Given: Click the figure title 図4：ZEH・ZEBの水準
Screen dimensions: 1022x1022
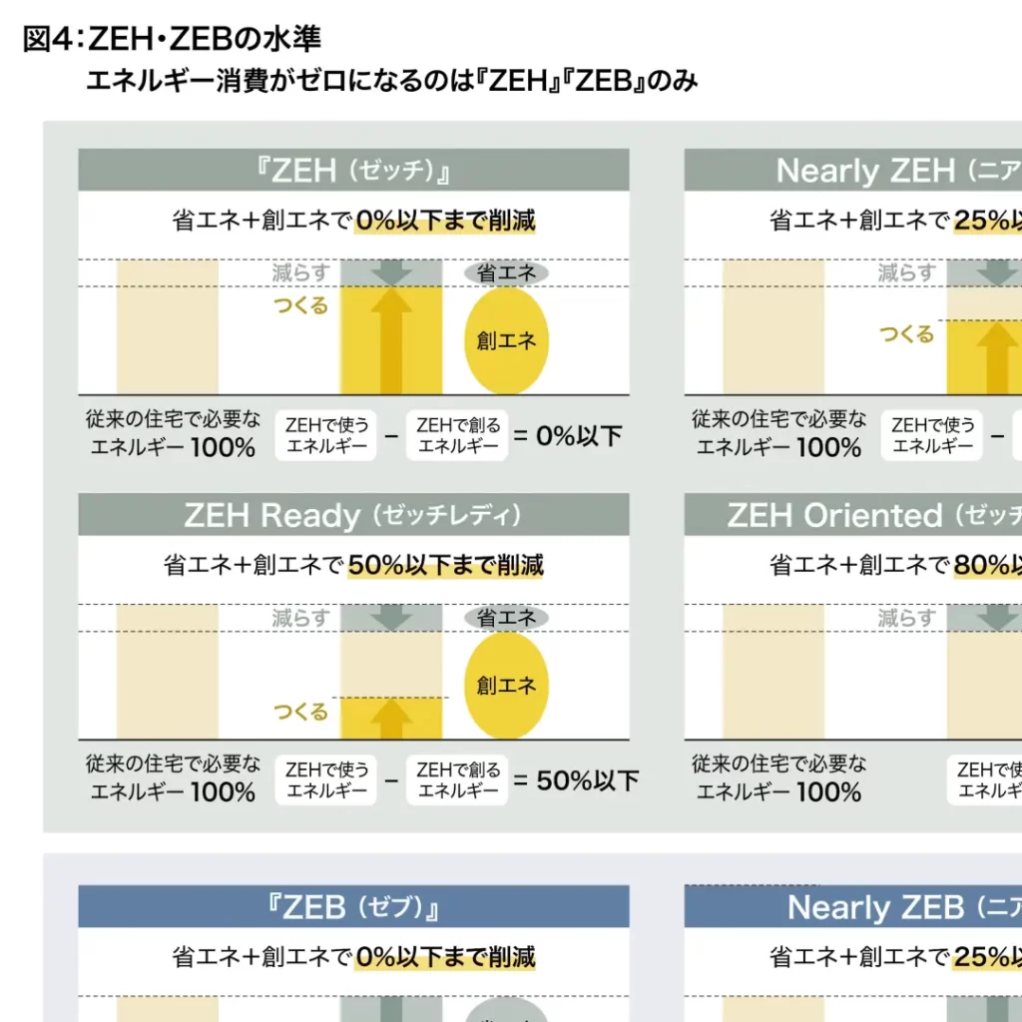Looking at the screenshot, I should pos(171,39).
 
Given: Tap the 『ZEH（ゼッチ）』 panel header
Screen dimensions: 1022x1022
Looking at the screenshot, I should pos(353,171).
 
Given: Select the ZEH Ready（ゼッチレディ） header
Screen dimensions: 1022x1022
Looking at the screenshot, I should pos(353,515).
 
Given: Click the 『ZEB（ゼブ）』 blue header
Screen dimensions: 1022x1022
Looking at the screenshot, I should pos(353,907).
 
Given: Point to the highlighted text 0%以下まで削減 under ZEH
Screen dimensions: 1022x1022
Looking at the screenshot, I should pos(445,220).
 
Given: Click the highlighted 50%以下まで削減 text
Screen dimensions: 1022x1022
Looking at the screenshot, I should pos(445,565).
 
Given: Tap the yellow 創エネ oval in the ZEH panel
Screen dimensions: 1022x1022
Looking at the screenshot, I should pos(506,341).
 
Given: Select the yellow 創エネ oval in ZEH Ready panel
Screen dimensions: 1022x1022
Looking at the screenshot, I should pos(506,686).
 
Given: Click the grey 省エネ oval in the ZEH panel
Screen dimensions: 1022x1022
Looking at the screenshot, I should pos(506,272).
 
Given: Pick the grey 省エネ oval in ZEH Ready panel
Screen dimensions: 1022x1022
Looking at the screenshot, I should pos(506,618).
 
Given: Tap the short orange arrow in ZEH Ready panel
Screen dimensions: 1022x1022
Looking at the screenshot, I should pos(391,718).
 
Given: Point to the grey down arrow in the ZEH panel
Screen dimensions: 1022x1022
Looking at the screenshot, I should pos(391,272).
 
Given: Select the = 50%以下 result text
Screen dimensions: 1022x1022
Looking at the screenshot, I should pos(576,780).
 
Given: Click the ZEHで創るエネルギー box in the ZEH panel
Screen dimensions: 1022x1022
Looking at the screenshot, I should pos(457,436).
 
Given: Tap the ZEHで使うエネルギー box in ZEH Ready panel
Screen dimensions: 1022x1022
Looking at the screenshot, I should pos(327,780).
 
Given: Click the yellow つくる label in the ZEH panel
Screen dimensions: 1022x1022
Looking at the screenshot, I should pos(300,305).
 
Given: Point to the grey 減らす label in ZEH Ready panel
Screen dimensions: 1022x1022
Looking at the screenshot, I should pos(300,618).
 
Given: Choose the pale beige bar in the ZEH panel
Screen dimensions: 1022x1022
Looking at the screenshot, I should pos(168,326).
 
